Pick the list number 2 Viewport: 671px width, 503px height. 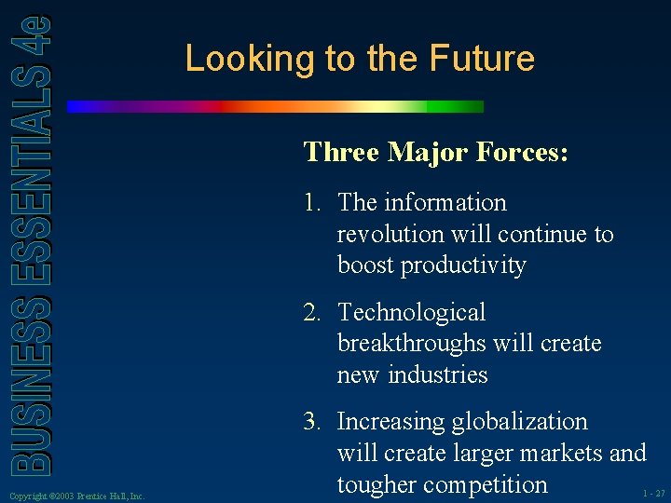(x=311, y=313)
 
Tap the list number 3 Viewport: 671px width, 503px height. (x=311, y=422)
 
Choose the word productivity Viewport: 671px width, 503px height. (x=463, y=266)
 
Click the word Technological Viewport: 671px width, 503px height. (x=411, y=313)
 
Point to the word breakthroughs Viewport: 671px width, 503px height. (x=410, y=344)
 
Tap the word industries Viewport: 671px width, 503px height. (x=440, y=374)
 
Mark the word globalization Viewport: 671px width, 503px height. (x=519, y=422)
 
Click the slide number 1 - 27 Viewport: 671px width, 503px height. (x=653, y=493)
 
